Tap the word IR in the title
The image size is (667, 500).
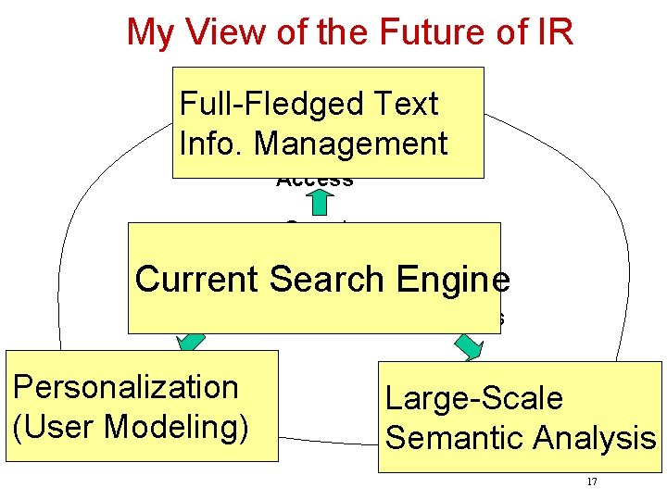click(554, 31)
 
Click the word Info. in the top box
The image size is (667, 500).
click(211, 144)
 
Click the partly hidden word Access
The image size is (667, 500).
click(315, 181)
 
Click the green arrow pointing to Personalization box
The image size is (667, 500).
click(192, 340)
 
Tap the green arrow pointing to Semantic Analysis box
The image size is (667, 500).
click(468, 344)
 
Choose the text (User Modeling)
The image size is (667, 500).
click(131, 427)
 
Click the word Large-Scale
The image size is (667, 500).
click(473, 399)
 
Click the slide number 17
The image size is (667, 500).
click(592, 482)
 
